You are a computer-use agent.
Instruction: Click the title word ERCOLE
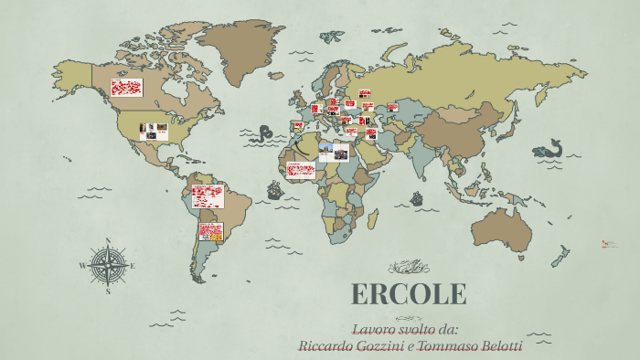click(409, 294)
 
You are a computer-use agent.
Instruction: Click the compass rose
click(108, 266)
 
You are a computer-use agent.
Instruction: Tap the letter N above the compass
click(108, 242)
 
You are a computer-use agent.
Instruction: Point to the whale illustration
click(549, 148)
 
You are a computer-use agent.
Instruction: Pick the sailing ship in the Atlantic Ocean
click(273, 190)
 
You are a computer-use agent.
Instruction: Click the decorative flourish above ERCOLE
click(408, 267)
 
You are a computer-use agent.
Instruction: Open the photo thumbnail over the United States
click(154, 132)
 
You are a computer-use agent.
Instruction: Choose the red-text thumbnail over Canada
click(126, 88)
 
